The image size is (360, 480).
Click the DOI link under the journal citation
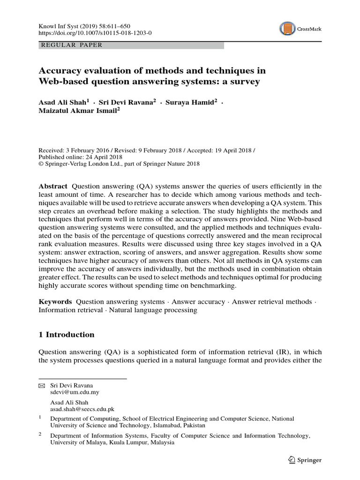(95, 33)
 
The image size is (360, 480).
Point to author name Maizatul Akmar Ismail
(77, 111)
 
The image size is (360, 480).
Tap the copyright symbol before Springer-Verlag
(41, 164)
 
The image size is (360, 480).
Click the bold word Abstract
(52, 186)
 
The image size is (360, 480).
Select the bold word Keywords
(55, 302)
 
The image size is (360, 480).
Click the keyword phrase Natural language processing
(153, 310)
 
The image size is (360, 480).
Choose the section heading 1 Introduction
(66, 335)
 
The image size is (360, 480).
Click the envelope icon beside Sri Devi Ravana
(42, 386)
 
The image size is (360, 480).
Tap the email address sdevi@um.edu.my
(75, 392)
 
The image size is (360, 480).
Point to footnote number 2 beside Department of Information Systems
(40, 434)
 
